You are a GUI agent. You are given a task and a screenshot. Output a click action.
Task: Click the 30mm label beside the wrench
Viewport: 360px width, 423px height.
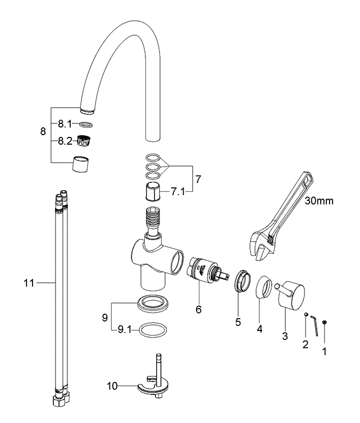319,201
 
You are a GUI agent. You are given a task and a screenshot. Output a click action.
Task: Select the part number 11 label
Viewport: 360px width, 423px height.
29,283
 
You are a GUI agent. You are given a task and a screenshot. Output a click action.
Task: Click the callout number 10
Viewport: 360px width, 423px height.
112,386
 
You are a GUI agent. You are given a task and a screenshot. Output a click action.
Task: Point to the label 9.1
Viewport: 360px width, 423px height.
125,330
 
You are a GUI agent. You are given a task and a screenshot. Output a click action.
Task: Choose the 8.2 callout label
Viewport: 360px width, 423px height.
65,141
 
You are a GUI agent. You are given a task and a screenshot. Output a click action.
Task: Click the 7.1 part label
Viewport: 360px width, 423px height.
178,192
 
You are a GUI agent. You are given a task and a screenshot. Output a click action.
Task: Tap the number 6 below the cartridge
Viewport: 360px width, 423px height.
198,310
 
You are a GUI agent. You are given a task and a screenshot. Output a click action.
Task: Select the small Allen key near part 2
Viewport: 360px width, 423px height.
314,325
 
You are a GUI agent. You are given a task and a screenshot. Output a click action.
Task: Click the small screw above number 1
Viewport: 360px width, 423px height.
325,322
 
